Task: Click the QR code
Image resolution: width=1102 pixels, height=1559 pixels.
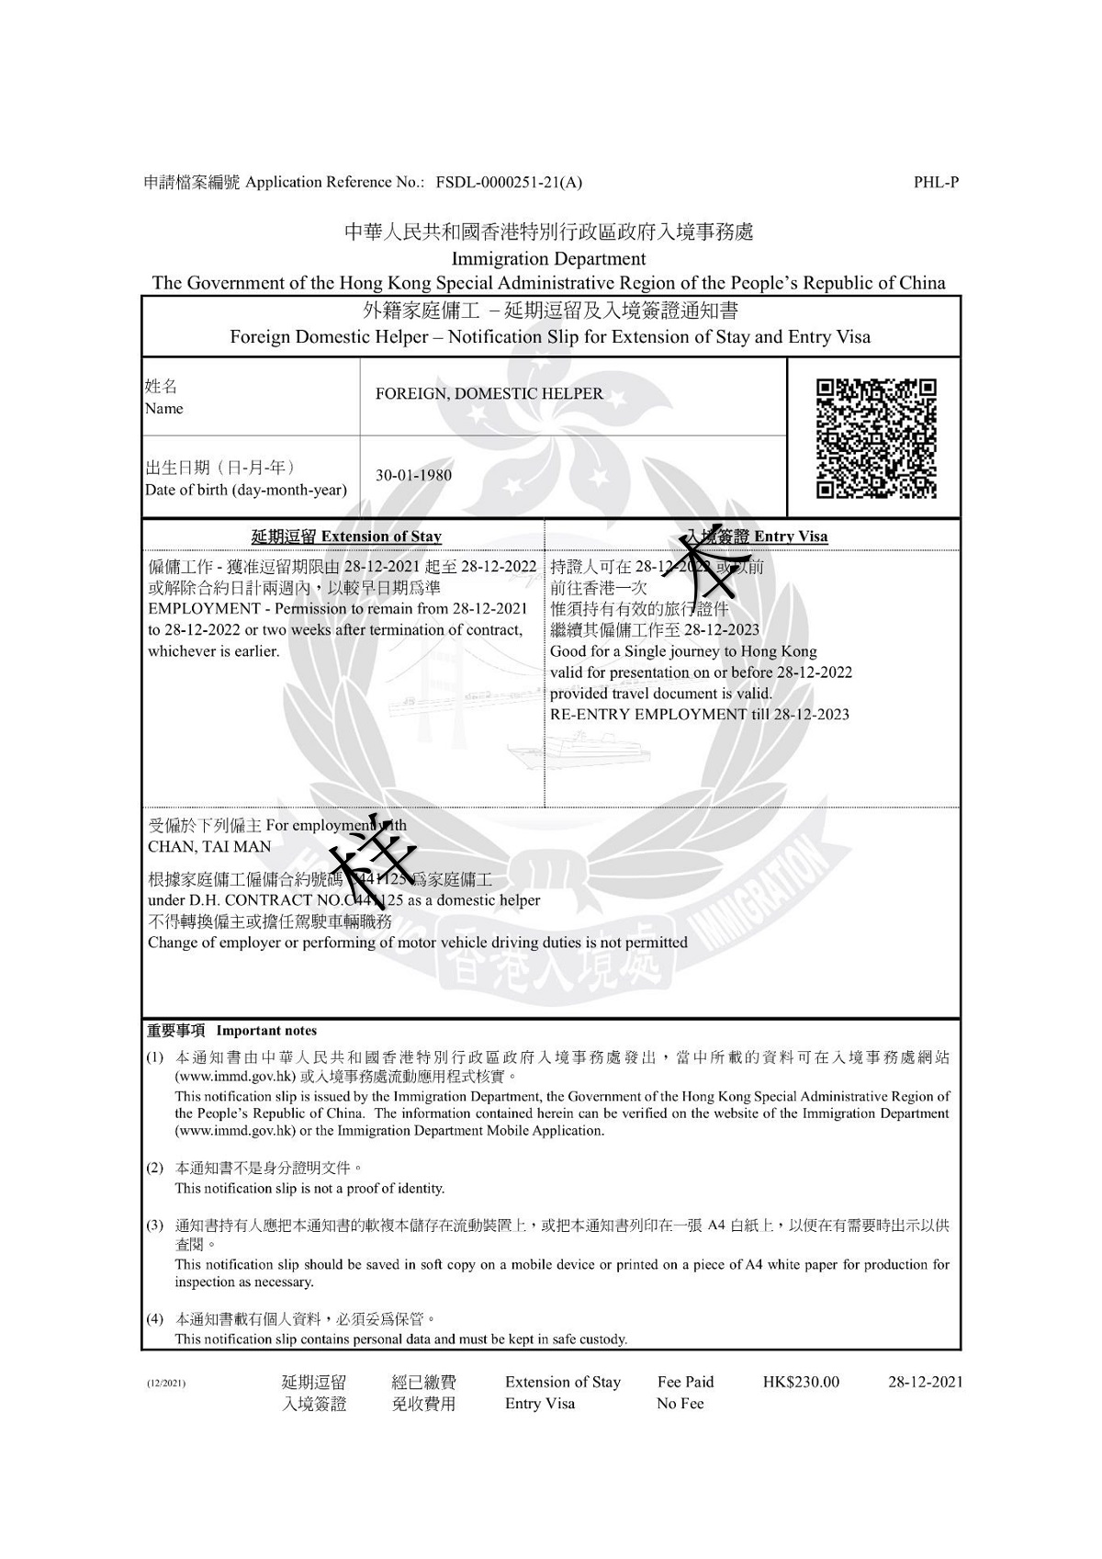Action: click(876, 438)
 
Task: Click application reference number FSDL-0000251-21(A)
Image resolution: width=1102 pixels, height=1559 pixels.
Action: click(509, 182)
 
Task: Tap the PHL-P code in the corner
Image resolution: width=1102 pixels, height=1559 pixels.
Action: click(936, 182)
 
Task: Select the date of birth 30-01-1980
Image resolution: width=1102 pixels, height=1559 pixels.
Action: click(413, 476)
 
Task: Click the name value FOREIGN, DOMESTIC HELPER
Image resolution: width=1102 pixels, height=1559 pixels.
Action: click(489, 394)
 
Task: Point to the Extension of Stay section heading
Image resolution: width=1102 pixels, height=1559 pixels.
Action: click(346, 537)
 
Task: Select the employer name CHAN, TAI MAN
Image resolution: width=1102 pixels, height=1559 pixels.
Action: click(209, 847)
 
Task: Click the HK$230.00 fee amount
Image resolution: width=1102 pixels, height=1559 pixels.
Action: click(801, 1382)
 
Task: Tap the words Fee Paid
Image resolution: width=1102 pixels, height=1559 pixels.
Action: click(685, 1382)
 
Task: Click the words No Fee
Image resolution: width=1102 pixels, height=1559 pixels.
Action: click(680, 1403)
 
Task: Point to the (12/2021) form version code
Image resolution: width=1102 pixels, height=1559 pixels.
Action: click(166, 1383)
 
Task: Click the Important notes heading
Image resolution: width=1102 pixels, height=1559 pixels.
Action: click(232, 1031)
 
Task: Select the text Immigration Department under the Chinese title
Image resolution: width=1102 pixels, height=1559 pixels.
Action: click(548, 259)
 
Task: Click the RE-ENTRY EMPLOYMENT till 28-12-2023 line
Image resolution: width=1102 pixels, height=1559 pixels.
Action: click(699, 714)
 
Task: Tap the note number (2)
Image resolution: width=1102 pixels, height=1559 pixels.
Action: click(155, 1168)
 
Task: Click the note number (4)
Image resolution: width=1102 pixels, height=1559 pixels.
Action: click(155, 1319)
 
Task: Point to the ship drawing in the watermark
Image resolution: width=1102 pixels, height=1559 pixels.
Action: click(580, 749)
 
